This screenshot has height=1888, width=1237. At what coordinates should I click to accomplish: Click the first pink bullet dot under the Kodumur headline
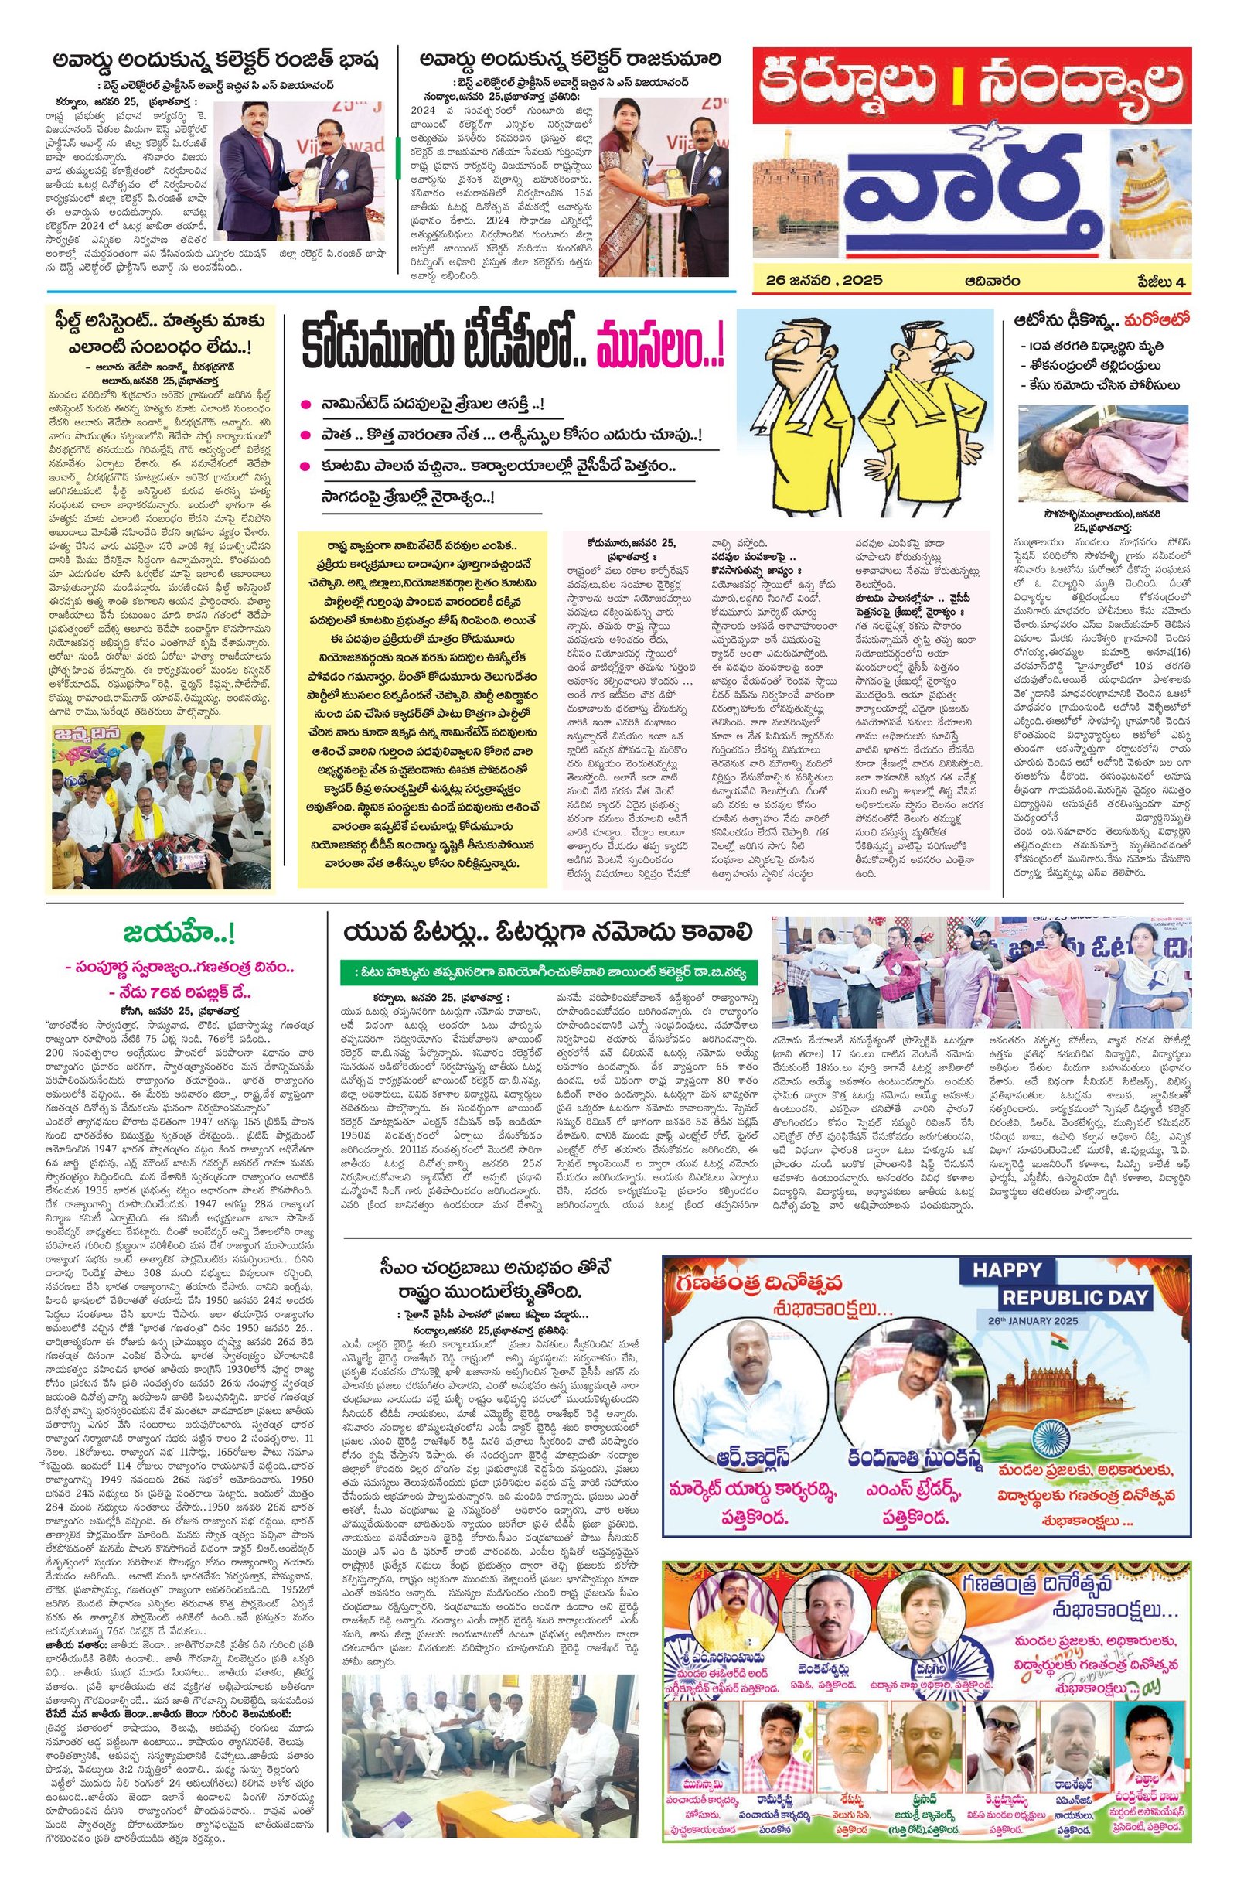coord(305,405)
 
